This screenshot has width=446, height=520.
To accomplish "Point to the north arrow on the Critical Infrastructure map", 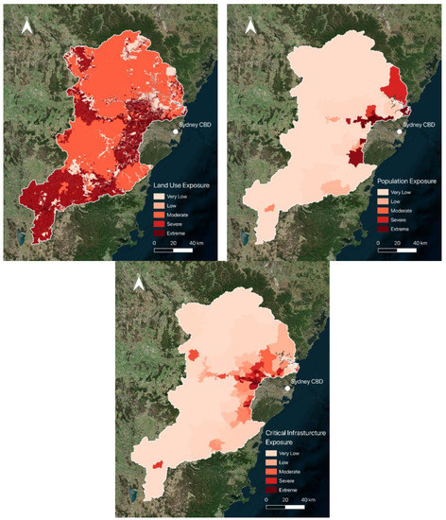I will coord(138,283).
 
